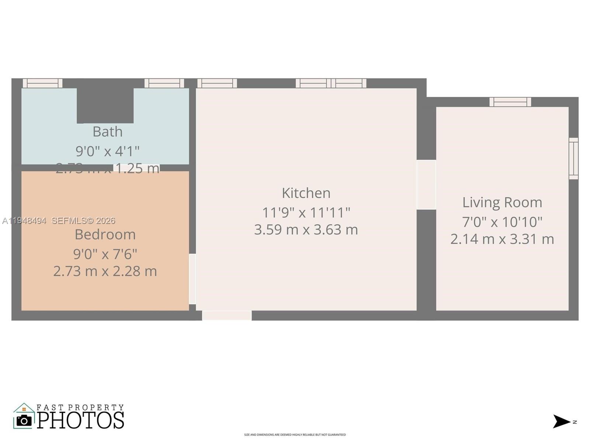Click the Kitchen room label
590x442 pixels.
[x=306, y=193]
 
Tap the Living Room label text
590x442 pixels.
[x=502, y=202]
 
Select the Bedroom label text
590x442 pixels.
[x=105, y=234]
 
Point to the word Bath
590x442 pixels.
[x=107, y=131]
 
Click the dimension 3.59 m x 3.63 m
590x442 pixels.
[x=306, y=229]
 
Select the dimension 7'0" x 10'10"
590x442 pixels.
[x=502, y=222]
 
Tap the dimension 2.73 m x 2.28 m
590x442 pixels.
[x=105, y=271]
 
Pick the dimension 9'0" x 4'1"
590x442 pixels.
[x=107, y=151]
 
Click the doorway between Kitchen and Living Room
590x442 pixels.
[x=426, y=185]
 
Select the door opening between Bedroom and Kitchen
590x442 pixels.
[x=192, y=279]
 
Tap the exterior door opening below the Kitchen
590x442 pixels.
[x=227, y=315]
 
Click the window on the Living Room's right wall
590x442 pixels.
[x=573, y=158]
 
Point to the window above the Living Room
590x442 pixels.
[x=510, y=102]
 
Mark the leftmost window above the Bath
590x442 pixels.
[x=42, y=83]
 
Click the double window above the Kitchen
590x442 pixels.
[x=331, y=83]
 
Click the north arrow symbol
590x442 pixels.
[x=561, y=421]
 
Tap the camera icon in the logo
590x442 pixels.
[x=24, y=421]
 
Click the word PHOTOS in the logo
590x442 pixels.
[x=80, y=420]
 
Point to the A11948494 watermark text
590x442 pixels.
[x=24, y=221]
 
